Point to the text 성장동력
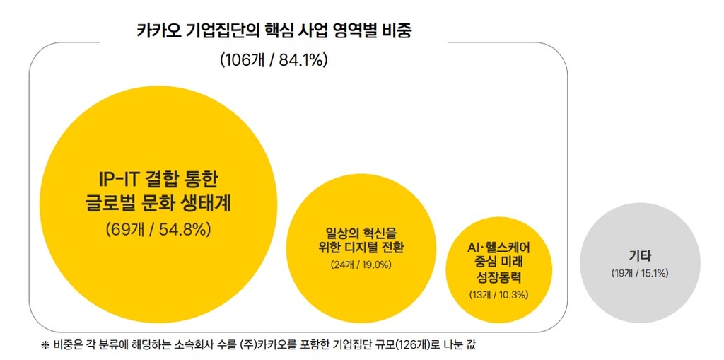pyautogui.click(x=499, y=277)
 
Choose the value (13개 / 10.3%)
pyautogui.click(x=499, y=294)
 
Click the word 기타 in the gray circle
pyautogui.click(x=640, y=255)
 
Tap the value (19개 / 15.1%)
pyautogui.click(x=640, y=272)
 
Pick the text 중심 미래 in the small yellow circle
pyautogui.click(x=499, y=262)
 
